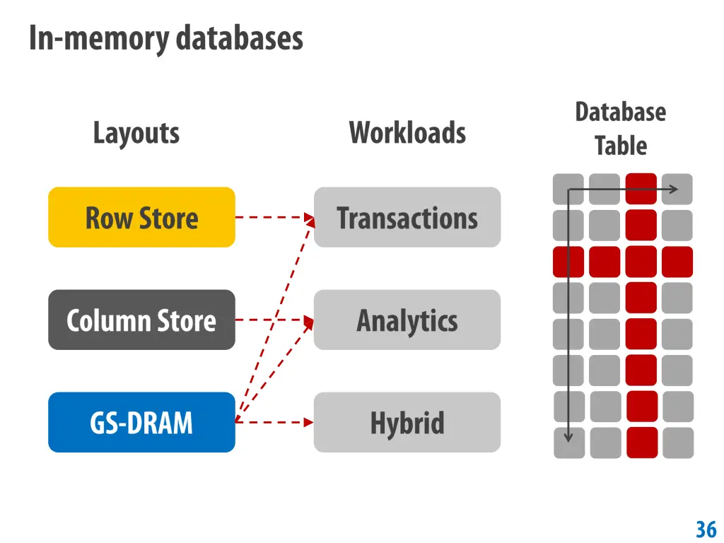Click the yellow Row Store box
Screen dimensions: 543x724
(141, 217)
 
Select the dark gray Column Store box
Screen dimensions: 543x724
(141, 320)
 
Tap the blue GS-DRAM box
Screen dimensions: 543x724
(141, 422)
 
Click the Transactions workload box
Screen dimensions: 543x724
(407, 217)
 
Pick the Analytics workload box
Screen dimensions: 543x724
(407, 320)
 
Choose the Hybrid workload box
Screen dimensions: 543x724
(407, 422)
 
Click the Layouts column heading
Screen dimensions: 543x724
(136, 133)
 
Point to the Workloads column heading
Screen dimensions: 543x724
(407, 133)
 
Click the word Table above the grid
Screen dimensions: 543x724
(620, 146)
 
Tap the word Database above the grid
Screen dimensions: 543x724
(620, 112)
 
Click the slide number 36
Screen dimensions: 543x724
(706, 529)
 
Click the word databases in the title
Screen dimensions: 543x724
(239, 38)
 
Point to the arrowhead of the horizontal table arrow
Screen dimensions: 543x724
(674, 189)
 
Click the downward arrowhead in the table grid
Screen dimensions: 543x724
(568, 436)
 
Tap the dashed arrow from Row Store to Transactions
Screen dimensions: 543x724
(272, 217)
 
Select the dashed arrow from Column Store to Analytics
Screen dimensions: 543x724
(272, 320)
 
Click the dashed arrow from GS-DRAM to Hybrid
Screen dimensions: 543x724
(272, 422)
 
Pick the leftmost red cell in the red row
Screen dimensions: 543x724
(568, 262)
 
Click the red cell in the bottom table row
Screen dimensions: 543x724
(642, 443)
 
